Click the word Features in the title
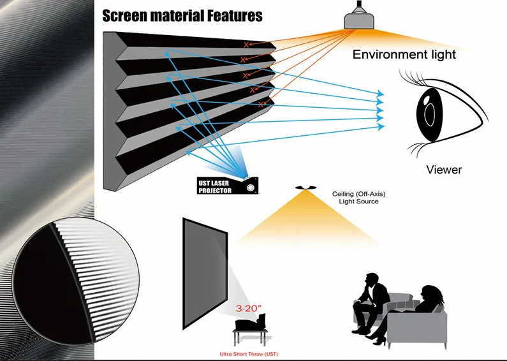tap(235, 16)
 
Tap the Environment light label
tap(404, 54)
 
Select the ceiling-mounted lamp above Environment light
tap(359, 16)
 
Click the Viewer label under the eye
tap(444, 170)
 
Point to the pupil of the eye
tap(430, 115)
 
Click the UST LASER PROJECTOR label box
tap(228, 186)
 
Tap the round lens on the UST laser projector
tap(250, 188)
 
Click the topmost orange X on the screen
tap(246, 45)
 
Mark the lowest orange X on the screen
tap(261, 105)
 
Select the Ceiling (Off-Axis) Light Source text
tap(358, 198)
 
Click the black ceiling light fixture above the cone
tap(305, 188)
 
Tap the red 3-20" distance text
tap(248, 308)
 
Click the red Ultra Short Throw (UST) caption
tap(249, 354)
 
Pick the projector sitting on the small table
tap(251, 322)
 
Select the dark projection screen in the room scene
tap(205, 274)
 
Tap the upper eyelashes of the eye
tap(412, 78)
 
